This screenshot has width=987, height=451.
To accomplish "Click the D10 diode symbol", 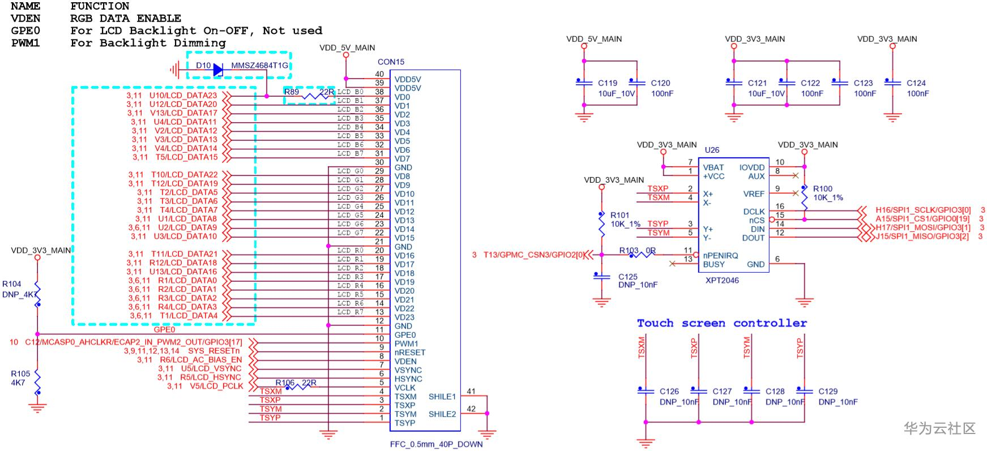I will [x=218, y=69].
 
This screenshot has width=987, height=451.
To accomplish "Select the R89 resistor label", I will [x=292, y=92].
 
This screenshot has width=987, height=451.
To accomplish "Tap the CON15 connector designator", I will [x=391, y=62].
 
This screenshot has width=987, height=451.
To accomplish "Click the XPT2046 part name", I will [x=722, y=280].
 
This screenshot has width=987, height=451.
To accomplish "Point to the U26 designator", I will [x=712, y=150].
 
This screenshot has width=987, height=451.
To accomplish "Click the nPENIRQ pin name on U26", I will [x=721, y=255].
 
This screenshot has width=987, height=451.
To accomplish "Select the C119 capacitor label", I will [x=608, y=83].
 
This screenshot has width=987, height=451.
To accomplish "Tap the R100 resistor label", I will [x=823, y=189].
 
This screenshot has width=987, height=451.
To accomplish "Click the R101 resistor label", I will [x=620, y=215].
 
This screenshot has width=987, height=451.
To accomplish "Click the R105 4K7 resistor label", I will [x=20, y=378].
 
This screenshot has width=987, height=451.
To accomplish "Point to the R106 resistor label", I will [x=285, y=383].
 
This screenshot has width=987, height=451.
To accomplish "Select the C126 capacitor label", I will [x=669, y=391].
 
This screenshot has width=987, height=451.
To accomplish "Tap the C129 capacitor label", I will [x=828, y=391].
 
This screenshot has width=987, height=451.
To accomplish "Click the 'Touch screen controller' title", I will [x=721, y=323].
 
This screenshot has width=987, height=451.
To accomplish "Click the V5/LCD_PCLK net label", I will [x=216, y=386].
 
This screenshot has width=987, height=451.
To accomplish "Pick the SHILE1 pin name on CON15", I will [x=442, y=397].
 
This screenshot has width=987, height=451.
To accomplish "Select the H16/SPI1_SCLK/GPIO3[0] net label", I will [x=923, y=210].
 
